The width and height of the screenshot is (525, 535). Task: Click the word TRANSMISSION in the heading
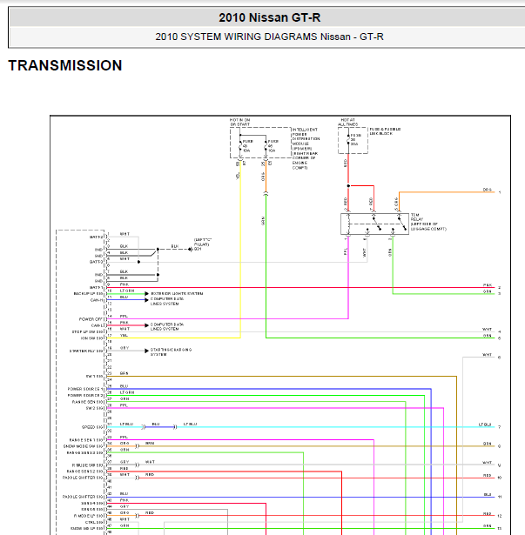pos(65,66)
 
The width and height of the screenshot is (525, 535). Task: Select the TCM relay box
pos(375,224)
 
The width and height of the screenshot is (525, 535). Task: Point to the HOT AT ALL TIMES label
pos(349,123)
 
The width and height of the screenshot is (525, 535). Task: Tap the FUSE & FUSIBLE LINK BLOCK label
pos(382,131)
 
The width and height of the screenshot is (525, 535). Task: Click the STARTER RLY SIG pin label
pos(87,351)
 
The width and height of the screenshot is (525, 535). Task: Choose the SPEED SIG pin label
pos(93,426)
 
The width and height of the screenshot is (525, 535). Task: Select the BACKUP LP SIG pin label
pos(89,294)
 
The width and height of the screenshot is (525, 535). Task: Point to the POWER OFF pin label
pos(91,319)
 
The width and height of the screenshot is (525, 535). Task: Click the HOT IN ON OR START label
pos(239,123)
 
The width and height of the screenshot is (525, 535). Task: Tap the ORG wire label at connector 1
pos(487,189)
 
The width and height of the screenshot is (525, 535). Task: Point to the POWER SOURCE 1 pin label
pos(86,389)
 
